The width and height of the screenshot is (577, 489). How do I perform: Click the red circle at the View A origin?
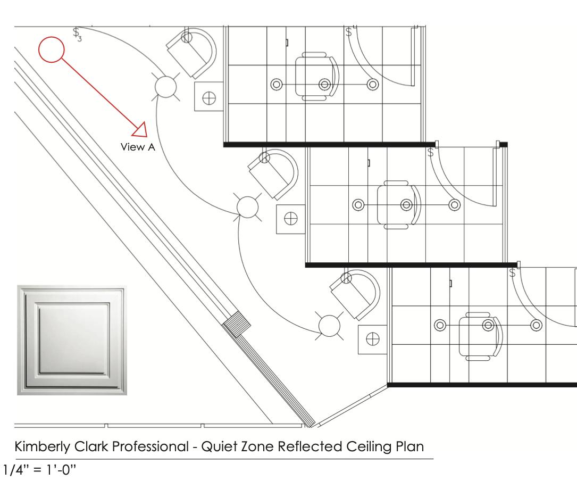[x=52, y=50]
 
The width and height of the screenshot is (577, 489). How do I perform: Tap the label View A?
[x=138, y=147]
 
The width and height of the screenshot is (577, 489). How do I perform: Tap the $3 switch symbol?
[x=78, y=34]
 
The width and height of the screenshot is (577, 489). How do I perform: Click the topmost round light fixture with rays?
[x=165, y=86]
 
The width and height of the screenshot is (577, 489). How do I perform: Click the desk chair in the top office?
[x=317, y=76]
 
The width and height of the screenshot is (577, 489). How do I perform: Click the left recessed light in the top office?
[x=275, y=84]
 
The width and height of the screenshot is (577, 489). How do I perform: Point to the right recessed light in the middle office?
[x=454, y=204]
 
